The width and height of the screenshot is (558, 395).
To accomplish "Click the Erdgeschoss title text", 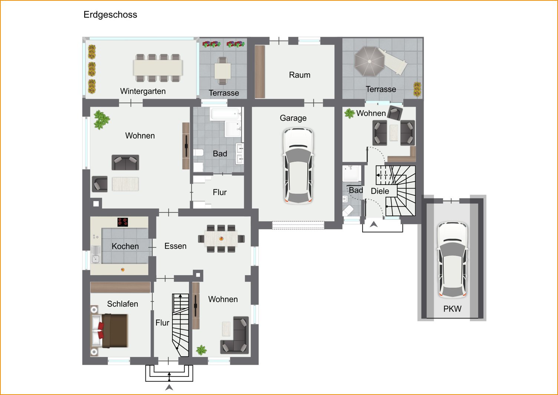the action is coord(110,15).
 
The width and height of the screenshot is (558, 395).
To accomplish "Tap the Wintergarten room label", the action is coord(143,91).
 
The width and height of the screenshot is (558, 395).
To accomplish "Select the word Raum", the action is coord(300,75).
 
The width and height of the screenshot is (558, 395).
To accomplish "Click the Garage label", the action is coord(293,118).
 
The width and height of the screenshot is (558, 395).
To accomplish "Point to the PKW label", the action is coord(452,309).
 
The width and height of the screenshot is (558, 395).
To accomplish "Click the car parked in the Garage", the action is coord(298,166).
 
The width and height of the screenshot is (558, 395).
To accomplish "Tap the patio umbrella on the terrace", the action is coord(370,61).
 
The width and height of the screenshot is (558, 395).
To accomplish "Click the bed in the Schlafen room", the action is coord(109,331).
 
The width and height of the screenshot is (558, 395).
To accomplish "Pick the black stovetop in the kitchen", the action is coord(122,222).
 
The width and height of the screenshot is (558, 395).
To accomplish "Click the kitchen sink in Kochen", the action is coord(95,255).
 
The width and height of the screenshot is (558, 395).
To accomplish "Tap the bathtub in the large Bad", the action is coord(226,114).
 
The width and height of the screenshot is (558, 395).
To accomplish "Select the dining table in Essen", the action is coord(221,239).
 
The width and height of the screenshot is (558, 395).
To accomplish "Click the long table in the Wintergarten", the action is coord(158,68).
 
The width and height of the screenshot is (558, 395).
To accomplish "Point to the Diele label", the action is coord(380,191).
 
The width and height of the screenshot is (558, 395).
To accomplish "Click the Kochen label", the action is coord(125,247).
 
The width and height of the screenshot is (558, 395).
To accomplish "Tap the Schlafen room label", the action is coord(122,304).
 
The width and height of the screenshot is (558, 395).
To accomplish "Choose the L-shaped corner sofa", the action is coord(234,335).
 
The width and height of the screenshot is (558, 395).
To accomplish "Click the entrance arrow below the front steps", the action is coord(169,387).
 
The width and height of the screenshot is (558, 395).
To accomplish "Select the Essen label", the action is coord(175,246).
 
